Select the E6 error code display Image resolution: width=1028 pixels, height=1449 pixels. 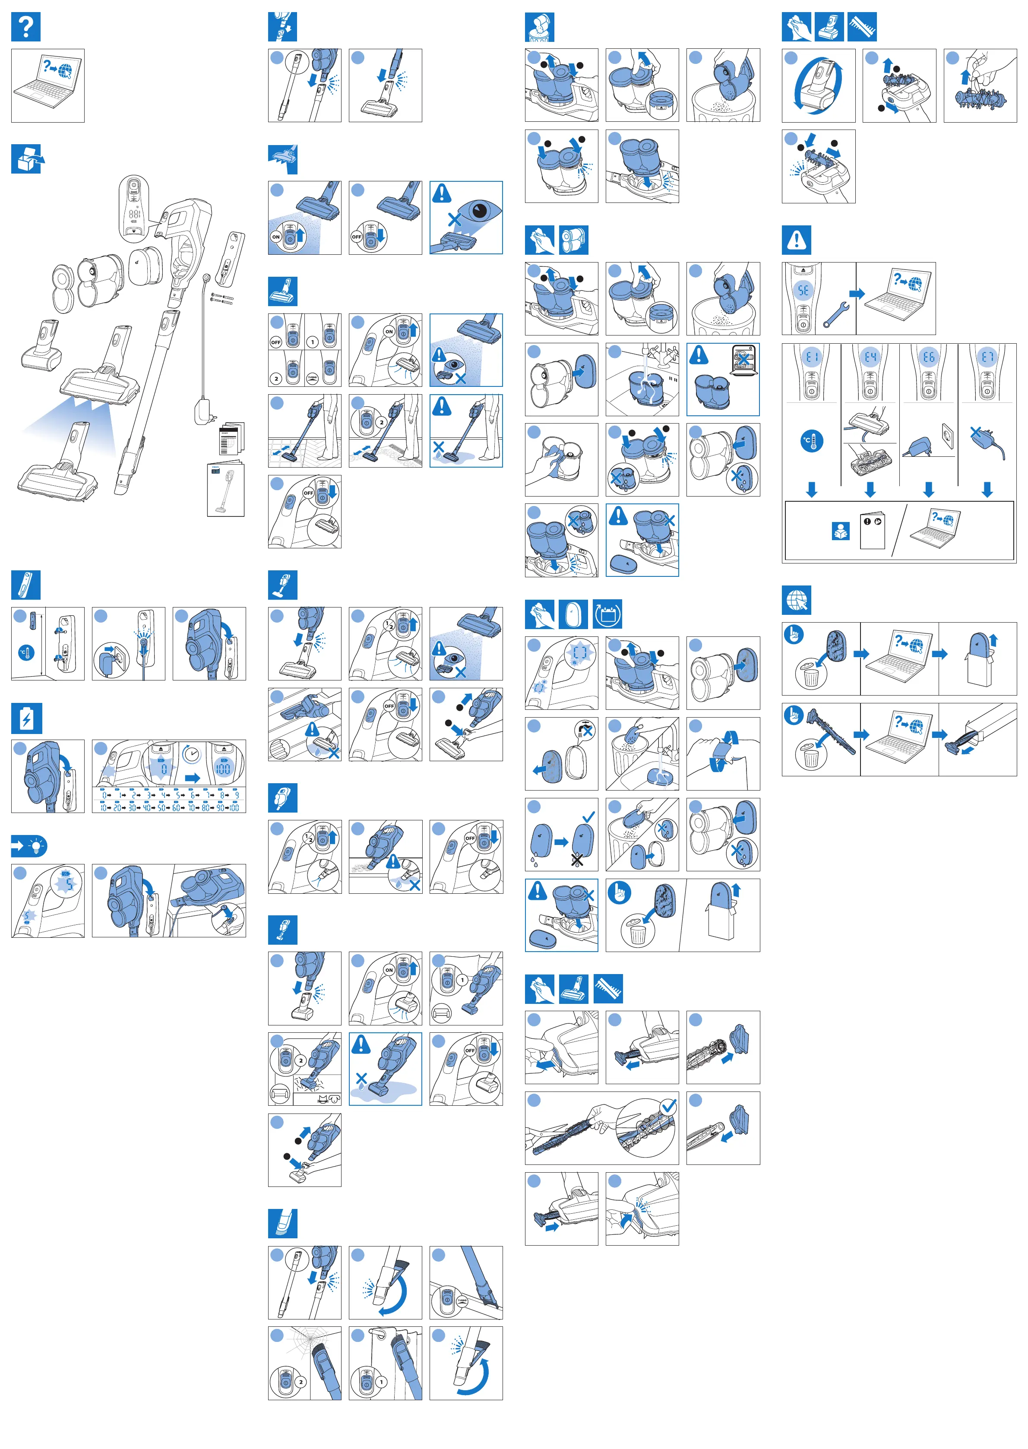929,357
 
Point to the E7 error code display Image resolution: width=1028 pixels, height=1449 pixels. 987,357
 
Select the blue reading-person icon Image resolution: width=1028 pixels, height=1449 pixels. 840,531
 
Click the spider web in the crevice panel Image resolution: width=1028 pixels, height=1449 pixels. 304,1347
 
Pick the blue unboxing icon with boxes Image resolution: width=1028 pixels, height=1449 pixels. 27,158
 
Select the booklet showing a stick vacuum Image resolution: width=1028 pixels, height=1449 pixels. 226,490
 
